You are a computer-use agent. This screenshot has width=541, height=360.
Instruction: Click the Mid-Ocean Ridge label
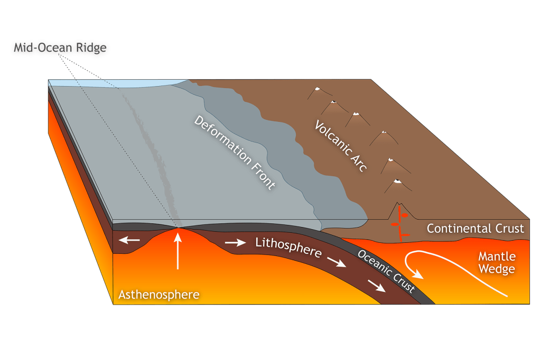pos(60,48)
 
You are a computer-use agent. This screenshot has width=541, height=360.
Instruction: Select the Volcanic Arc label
pos(341,145)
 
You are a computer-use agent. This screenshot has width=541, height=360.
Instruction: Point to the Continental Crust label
pos(475,229)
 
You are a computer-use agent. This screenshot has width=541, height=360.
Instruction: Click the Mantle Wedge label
pos(496,263)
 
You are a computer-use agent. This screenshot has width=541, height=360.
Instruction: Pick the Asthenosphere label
pos(158,294)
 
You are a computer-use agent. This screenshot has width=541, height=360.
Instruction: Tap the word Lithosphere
pos(288,248)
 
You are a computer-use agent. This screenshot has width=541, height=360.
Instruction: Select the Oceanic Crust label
pos(386,271)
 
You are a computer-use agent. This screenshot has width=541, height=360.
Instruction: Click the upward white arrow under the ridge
pos(178,251)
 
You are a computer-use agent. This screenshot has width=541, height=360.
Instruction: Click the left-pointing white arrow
pos(129,241)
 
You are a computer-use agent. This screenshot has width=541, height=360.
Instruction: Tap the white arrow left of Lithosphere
pos(236,243)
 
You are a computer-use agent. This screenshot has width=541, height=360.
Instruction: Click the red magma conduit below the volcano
pos(401,224)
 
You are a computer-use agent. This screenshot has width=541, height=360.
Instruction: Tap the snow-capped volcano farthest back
pos(316,90)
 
